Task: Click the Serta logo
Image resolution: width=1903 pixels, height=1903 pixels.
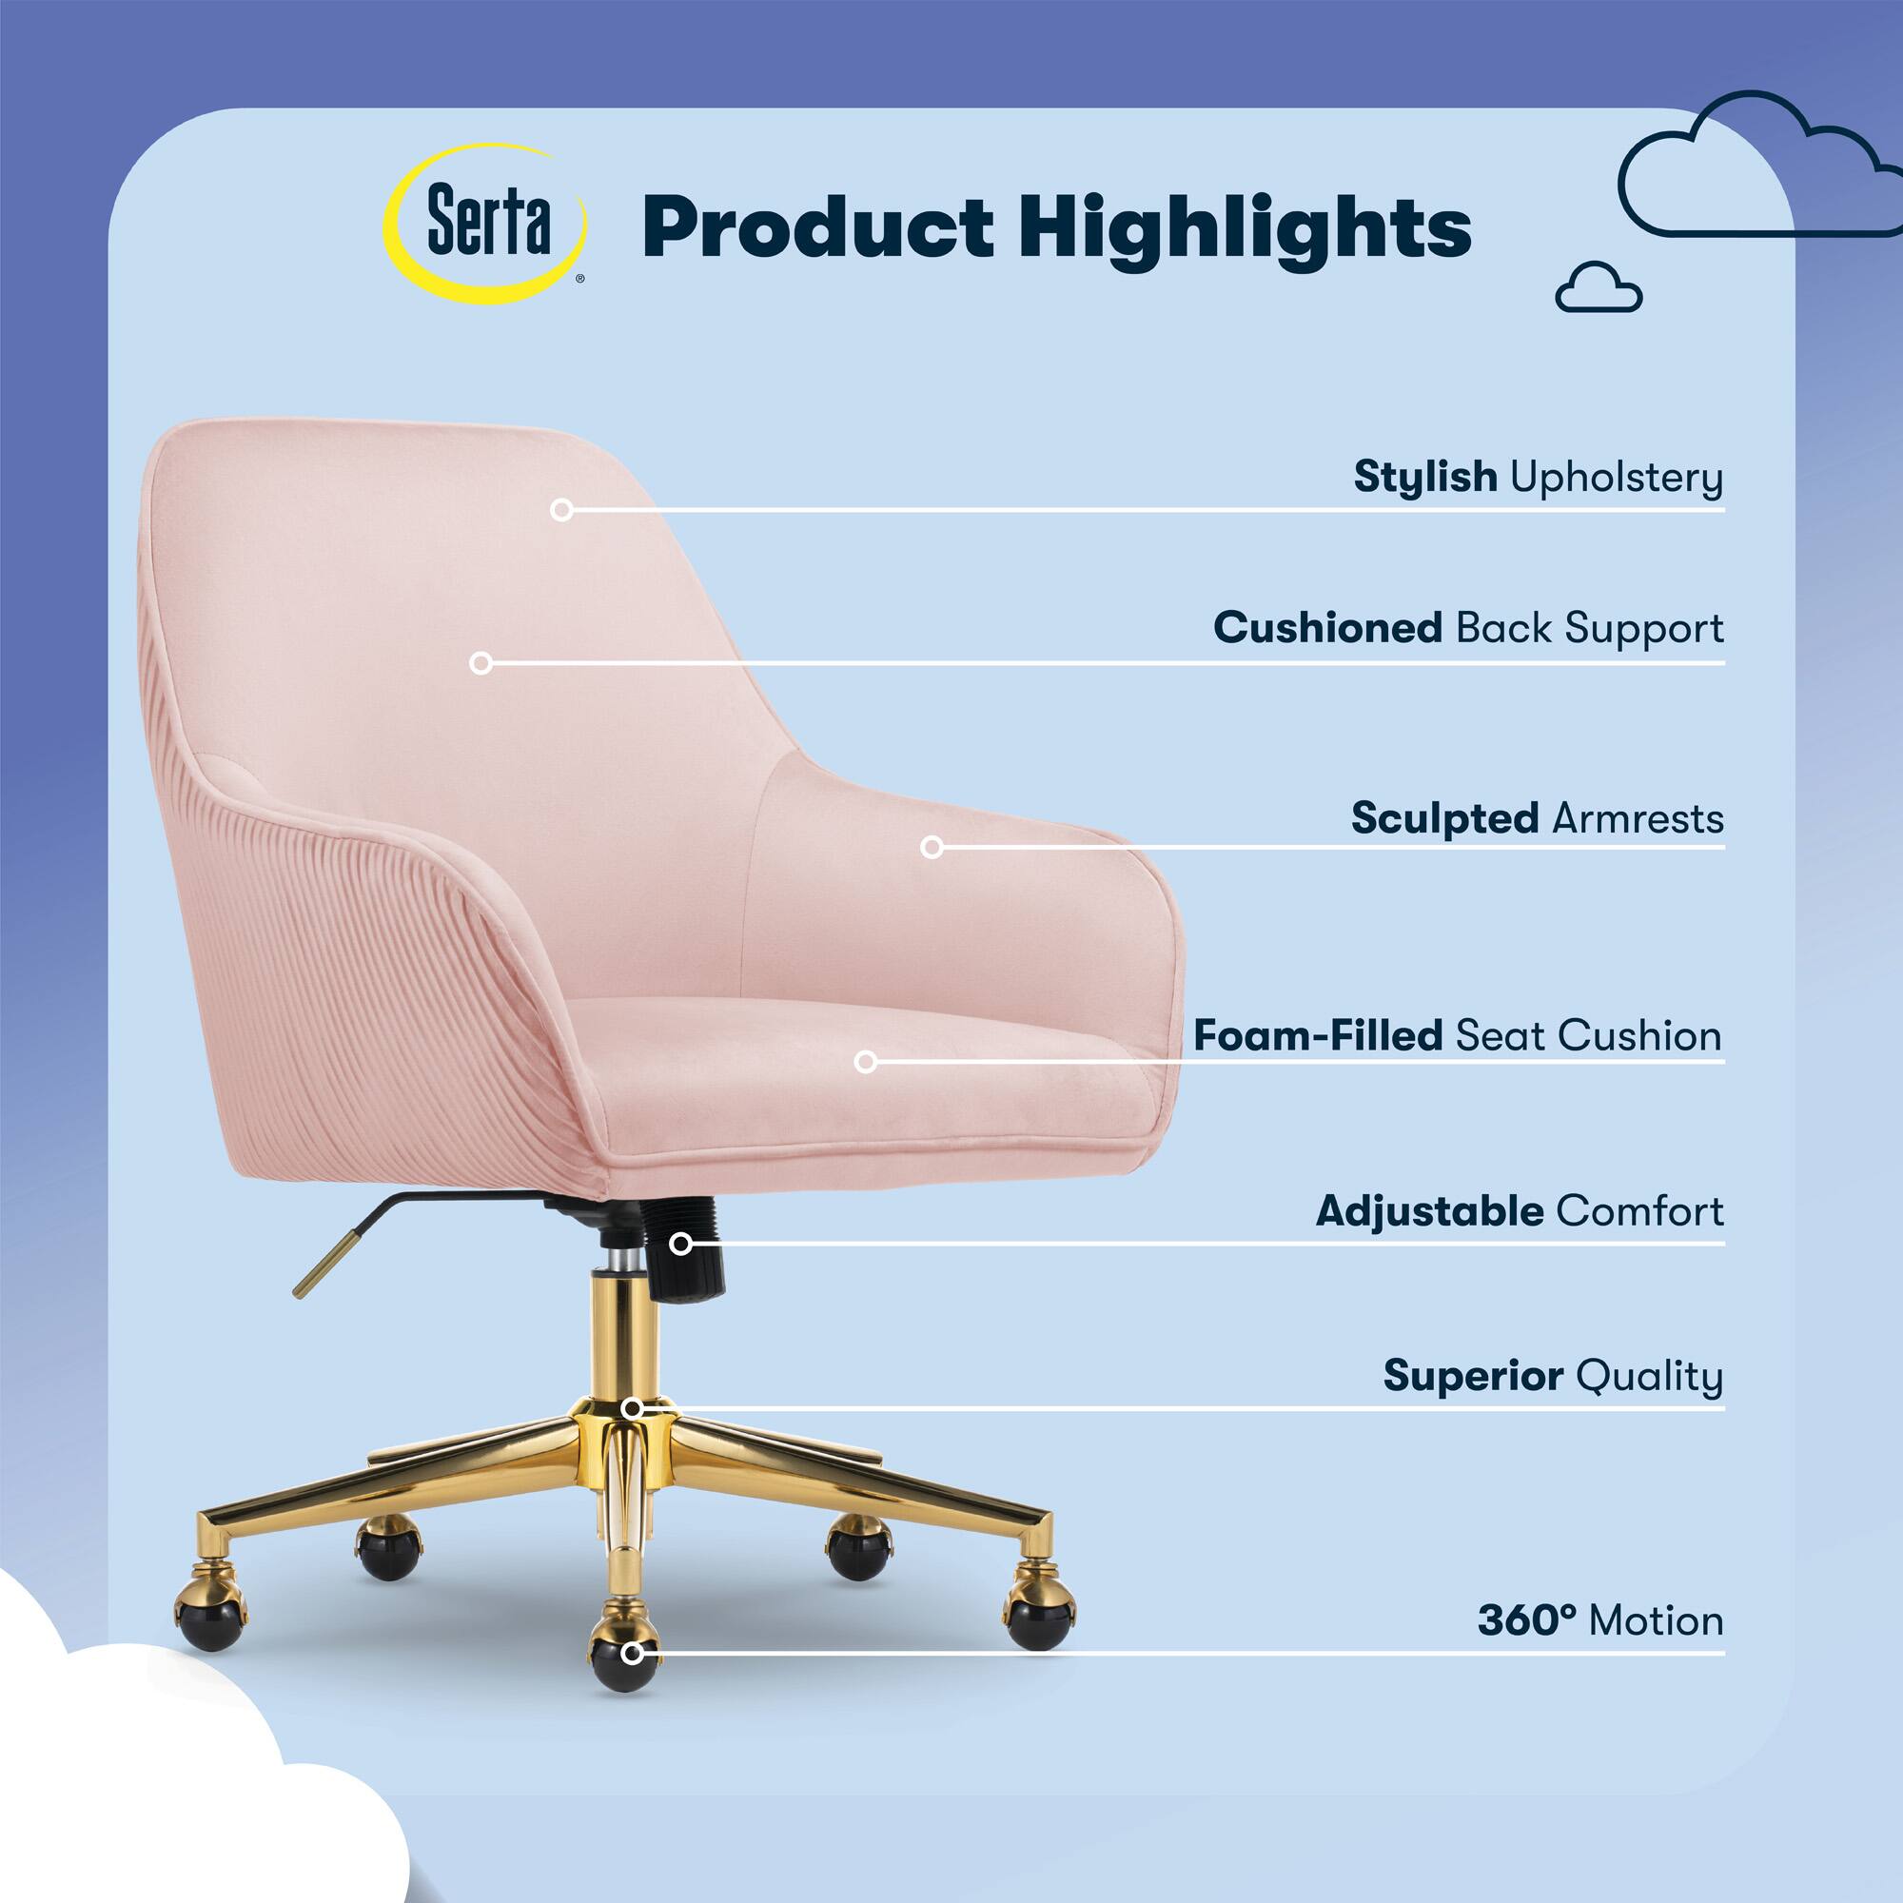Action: pos(485,224)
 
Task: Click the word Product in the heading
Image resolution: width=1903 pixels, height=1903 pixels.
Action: pos(817,227)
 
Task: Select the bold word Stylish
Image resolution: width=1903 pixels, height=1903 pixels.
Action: pos(1425,477)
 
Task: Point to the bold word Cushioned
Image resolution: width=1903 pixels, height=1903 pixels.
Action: pos(1327,627)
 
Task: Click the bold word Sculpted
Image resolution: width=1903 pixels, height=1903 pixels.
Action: pos(1444,818)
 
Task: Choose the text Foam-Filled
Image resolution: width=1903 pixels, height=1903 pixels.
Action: pos(1318,1036)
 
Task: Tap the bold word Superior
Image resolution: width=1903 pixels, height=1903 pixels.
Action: pos(1474,1376)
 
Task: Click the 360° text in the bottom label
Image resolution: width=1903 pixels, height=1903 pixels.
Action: pos(1527,1620)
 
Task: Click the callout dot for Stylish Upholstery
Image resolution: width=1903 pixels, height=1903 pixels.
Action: pos(561,509)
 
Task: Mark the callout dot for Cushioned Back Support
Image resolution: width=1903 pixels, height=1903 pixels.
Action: pos(481,663)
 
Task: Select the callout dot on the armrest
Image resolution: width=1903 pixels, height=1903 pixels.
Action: pos(932,846)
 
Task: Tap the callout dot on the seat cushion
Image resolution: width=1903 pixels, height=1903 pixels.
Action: pos(866,1061)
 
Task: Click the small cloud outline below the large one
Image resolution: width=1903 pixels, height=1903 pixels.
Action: pos(1599,286)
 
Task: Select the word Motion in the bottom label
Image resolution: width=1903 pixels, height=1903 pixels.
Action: pos(1657,1620)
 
